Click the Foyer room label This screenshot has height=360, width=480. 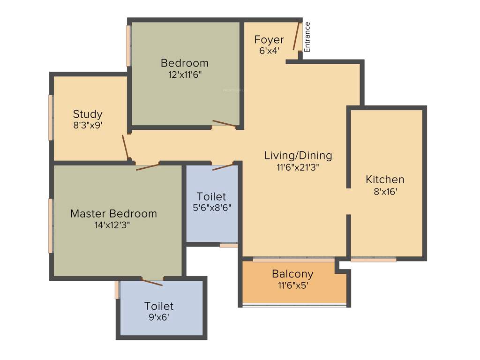click(269, 39)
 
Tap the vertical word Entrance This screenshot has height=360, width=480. click(307, 37)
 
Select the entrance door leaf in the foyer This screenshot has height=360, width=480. click(296, 37)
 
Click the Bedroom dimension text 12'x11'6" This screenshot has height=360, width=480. click(184, 74)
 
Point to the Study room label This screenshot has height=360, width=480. click(88, 114)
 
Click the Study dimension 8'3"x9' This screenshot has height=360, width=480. click(88, 125)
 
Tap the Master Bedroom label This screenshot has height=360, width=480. click(113, 214)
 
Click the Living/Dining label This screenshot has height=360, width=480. click(298, 155)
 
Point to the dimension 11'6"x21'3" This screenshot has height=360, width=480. click(298, 167)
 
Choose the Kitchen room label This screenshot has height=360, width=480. click(385, 180)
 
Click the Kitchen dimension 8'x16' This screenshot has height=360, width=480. click(385, 191)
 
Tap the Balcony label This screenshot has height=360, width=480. click(292, 274)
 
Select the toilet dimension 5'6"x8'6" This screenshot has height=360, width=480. click(212, 208)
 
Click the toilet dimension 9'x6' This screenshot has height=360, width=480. click(159, 317)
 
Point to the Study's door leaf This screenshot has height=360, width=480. click(125, 148)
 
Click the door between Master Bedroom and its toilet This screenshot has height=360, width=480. click(152, 282)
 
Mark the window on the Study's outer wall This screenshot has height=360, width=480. click(51, 117)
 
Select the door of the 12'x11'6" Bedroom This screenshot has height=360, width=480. click(224, 123)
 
